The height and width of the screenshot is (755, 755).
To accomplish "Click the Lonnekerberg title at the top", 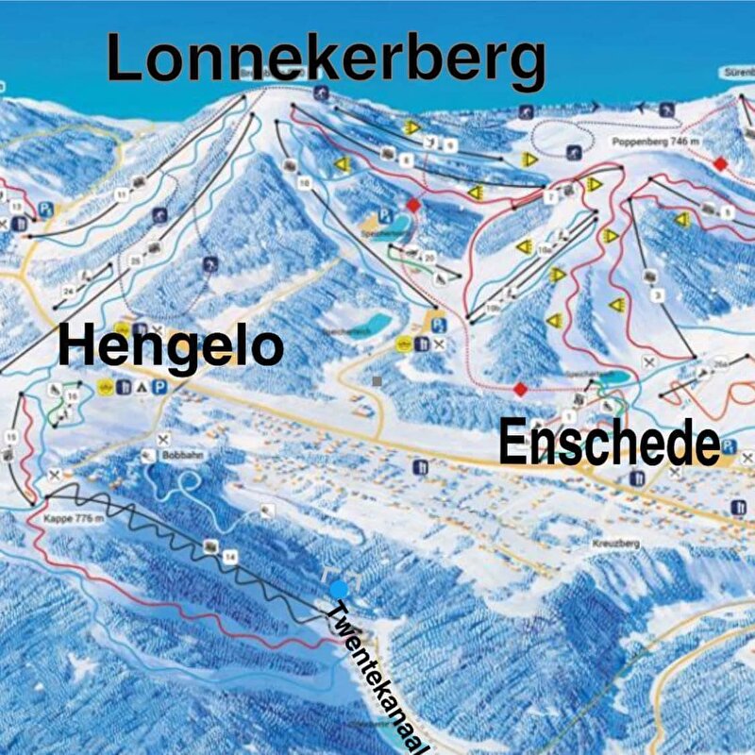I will [x=326, y=59].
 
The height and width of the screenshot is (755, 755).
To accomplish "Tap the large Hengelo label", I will [x=171, y=346].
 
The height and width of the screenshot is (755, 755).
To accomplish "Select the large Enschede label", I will [x=609, y=443].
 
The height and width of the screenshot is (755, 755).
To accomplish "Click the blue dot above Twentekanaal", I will [x=339, y=589].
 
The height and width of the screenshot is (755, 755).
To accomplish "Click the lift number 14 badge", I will [x=229, y=559].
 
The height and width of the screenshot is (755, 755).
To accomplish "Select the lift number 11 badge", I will [x=121, y=193].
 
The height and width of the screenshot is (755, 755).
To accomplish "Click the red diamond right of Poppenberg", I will [x=720, y=164].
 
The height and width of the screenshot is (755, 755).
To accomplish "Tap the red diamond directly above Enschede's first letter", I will [x=518, y=389].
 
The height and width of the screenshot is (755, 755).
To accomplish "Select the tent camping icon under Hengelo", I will [x=142, y=386].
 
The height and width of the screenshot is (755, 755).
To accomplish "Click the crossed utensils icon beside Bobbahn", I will [x=165, y=439].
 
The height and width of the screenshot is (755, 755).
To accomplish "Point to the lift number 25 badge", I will [x=135, y=260].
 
